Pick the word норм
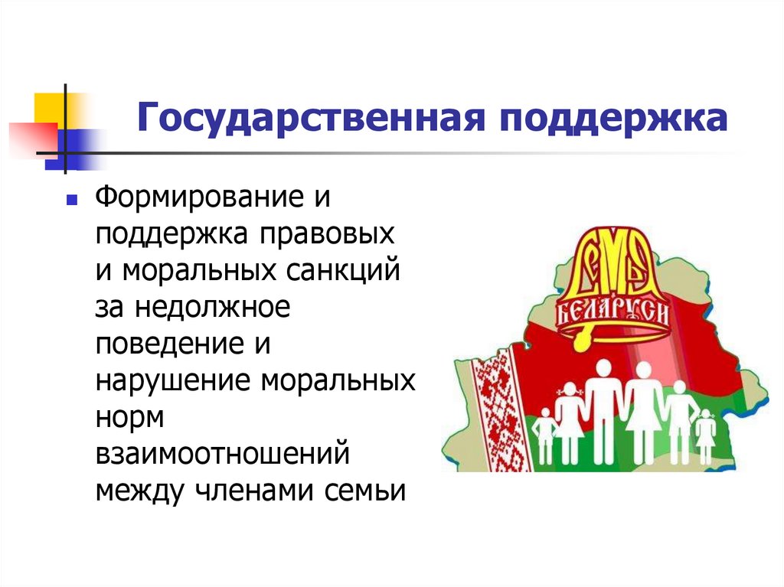click(x=130, y=417)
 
